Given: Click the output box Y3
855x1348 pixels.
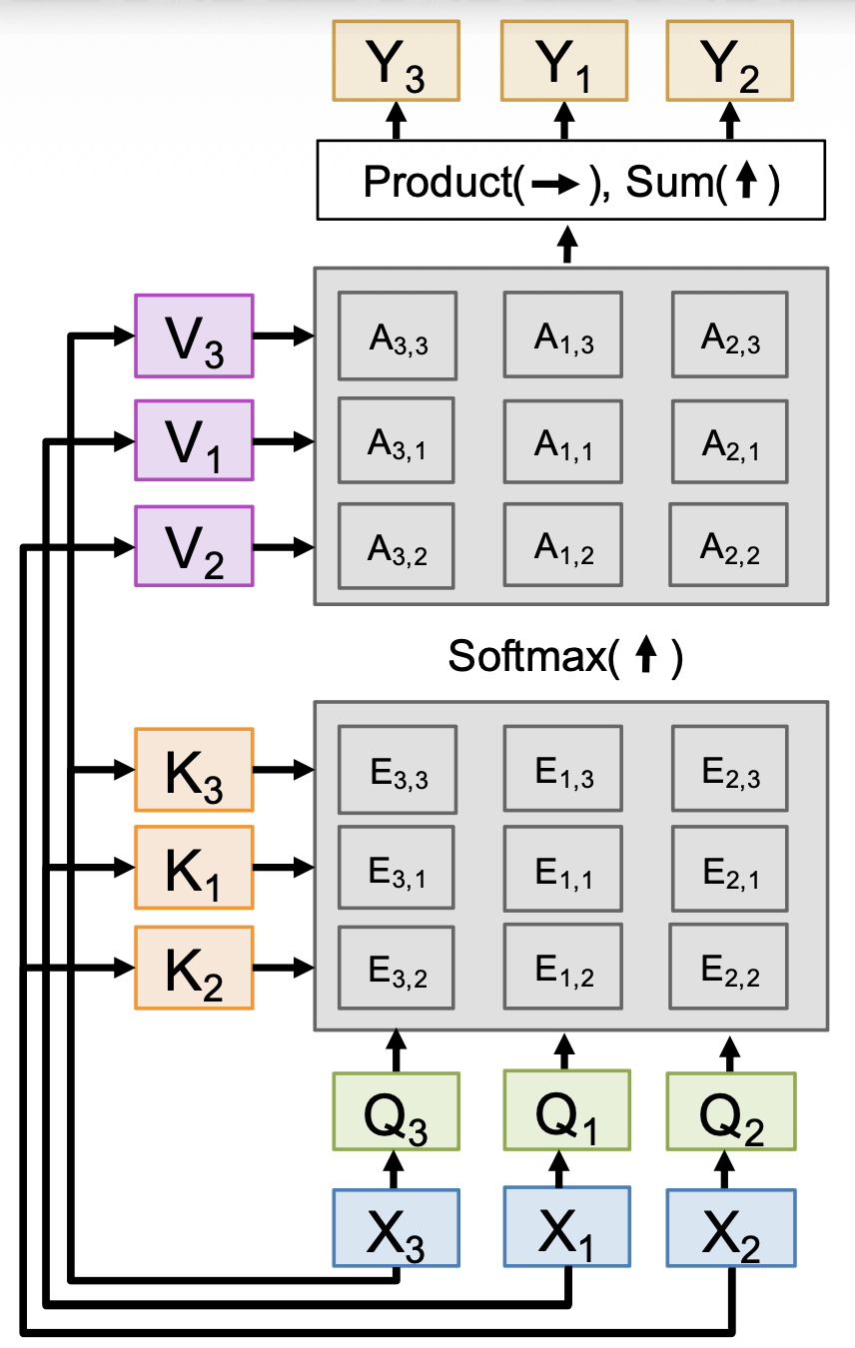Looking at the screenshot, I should [396, 61].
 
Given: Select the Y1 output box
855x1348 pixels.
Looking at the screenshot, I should [563, 61].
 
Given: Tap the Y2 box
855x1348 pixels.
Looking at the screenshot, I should [729, 61].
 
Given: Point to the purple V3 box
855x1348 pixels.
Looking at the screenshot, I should [194, 336].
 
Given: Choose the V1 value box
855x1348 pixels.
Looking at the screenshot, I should [194, 441].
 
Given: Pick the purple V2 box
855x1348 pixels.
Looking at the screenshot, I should [194, 546].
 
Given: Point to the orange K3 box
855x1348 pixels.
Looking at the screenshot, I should [194, 770].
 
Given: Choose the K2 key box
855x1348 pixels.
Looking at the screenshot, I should [194, 968].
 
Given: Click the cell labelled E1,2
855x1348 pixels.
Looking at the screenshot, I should [563, 968].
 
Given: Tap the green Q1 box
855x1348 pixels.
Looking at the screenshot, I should [566, 1111].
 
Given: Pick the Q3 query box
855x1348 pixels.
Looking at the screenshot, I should [396, 1111].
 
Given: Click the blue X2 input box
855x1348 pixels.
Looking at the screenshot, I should [731, 1227].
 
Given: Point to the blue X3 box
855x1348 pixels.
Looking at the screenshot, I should [396, 1227].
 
